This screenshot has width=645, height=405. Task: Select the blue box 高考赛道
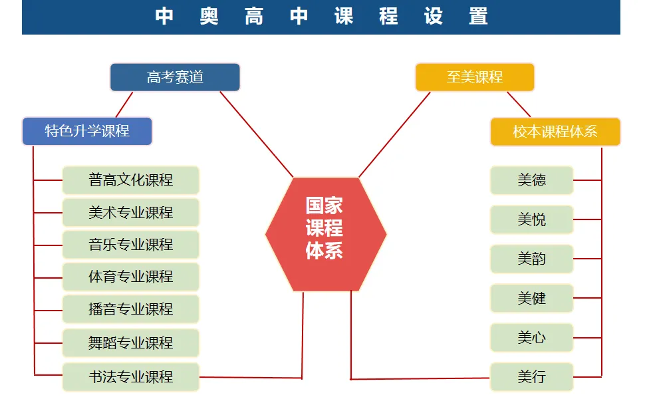coord(174,77)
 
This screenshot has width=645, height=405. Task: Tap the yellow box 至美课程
coord(474,77)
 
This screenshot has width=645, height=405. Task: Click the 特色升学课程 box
coord(87,131)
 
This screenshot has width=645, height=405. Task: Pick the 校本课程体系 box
coord(555,132)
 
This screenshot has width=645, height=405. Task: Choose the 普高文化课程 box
coord(131,180)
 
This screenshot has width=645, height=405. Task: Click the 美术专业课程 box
coord(131,213)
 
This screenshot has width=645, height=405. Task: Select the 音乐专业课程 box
coord(131,245)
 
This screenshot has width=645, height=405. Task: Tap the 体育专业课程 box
coord(131,277)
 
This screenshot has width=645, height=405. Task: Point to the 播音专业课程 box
coord(131,309)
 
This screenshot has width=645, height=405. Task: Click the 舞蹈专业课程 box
coord(131,343)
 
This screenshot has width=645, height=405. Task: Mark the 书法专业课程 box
coord(131,377)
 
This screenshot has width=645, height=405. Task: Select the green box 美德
coord(531,180)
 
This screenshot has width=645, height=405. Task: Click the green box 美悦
coord(531,219)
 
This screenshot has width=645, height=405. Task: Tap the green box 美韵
coord(531,259)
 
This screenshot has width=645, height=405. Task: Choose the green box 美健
coord(531,299)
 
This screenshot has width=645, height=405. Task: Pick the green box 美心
coord(531,338)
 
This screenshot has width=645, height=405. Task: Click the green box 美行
coord(531,377)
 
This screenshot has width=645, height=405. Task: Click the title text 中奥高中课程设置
coord(321,17)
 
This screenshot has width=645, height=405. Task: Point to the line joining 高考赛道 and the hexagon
coord(256,134)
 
